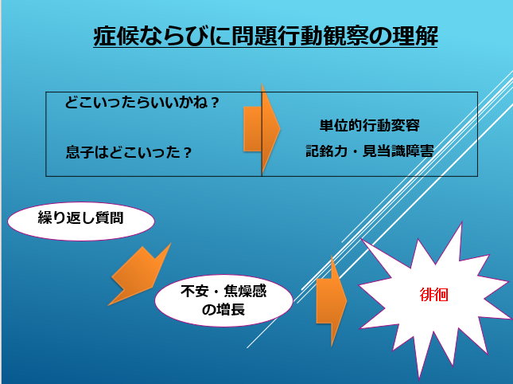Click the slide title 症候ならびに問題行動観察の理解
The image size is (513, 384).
point(266,36)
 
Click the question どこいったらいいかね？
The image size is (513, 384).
point(142,103)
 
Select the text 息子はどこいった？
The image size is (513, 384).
point(129,152)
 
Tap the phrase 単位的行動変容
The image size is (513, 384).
point(369,125)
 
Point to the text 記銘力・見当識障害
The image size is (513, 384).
point(369,151)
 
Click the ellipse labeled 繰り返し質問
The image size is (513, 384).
point(81,221)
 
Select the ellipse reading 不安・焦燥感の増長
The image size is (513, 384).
point(223,300)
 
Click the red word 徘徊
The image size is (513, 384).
point(433,295)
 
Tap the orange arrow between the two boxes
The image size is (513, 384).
point(262,129)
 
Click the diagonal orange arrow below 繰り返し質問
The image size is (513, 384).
point(139,275)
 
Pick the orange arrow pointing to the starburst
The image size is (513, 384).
point(332,301)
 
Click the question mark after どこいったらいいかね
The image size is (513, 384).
point(215,103)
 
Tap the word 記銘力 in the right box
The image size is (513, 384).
point(327,151)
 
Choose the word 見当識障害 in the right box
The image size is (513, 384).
point(398,151)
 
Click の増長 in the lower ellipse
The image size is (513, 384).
point(223,310)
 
